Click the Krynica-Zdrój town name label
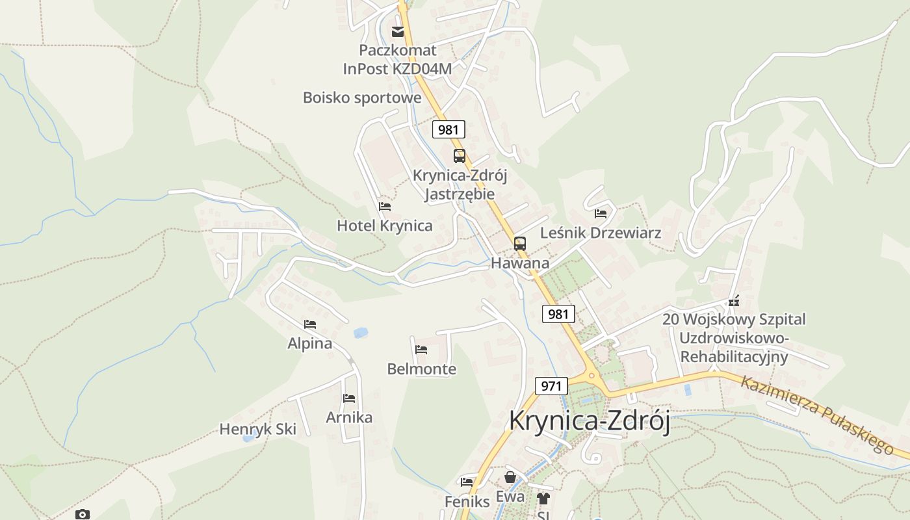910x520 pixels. pyautogui.click(x=589, y=421)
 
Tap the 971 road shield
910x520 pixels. pyautogui.click(x=551, y=385)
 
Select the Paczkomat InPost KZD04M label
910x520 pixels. pyautogui.click(x=397, y=59)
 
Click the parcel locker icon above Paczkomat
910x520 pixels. pyautogui.click(x=397, y=31)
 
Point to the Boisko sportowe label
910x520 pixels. pyautogui.click(x=362, y=98)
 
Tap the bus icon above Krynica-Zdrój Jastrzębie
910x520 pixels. pyautogui.click(x=460, y=156)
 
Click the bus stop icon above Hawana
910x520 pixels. pyautogui.click(x=520, y=244)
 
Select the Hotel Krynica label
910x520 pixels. pyautogui.click(x=384, y=226)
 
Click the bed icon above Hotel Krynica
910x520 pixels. pyautogui.click(x=385, y=207)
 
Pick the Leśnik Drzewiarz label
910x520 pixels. pyautogui.click(x=601, y=233)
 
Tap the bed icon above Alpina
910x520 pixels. pyautogui.click(x=310, y=324)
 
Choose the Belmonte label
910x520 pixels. pyautogui.click(x=421, y=369)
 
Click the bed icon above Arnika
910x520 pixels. pyautogui.click(x=349, y=398)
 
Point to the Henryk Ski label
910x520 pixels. pyautogui.click(x=257, y=429)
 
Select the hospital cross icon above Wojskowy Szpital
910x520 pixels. pyautogui.click(x=734, y=302)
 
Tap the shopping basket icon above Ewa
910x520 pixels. pyautogui.click(x=511, y=478)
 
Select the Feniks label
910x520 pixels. pyautogui.click(x=467, y=502)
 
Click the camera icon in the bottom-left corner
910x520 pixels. pyautogui.click(x=83, y=514)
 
